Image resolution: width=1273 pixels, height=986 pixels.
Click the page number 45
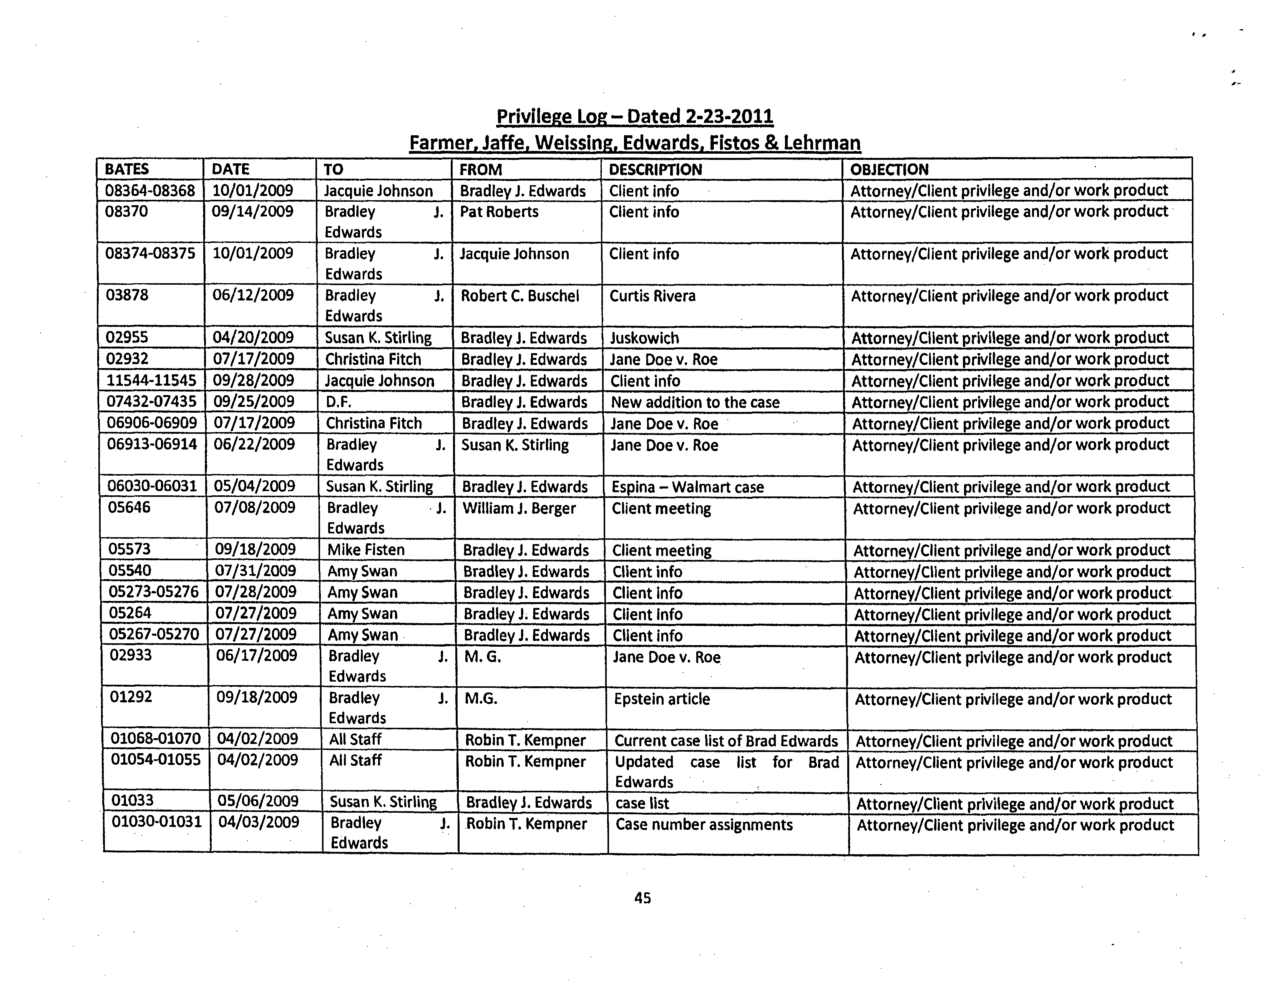[642, 898]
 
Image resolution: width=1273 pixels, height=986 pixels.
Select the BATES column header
[126, 169]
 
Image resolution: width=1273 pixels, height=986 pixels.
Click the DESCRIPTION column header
[655, 169]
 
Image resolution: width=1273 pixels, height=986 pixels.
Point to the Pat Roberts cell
[499, 212]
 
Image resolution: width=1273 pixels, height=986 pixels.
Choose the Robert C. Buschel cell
[520, 296]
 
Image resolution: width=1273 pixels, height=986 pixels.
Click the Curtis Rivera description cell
[652, 296]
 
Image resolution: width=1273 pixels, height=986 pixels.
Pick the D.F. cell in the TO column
[338, 402]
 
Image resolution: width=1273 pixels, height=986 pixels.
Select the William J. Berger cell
[519, 509]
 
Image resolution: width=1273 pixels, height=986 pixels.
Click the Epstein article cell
[662, 699]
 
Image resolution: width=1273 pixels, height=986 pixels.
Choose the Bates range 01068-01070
[156, 739]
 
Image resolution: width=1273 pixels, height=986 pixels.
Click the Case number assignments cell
[704, 825]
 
